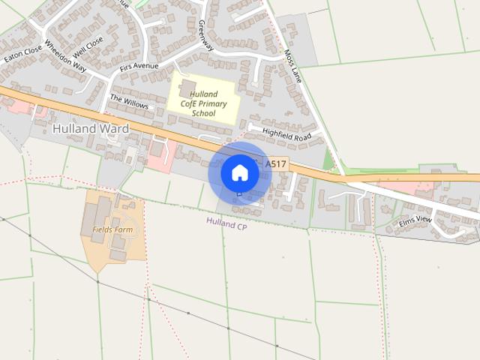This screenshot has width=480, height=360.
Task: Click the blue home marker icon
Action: point(239,173)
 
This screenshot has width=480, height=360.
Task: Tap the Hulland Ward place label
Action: point(91,129)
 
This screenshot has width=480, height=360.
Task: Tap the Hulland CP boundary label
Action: point(226,223)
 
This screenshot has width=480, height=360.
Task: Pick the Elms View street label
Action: point(415,220)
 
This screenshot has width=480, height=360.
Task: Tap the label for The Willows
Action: point(130,102)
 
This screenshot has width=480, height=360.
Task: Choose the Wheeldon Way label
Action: point(66,56)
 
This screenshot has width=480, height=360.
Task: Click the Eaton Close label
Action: point(23,52)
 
